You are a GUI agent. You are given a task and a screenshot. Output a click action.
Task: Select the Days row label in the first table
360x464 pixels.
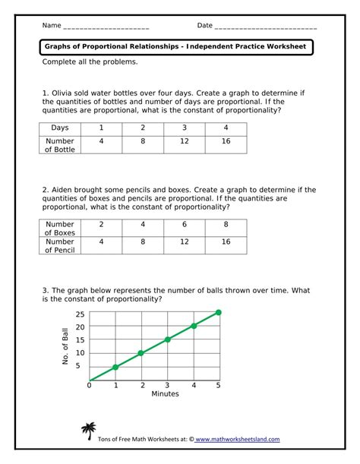coord(59,128)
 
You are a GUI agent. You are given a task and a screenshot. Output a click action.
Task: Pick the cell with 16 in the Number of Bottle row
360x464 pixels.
coord(226,141)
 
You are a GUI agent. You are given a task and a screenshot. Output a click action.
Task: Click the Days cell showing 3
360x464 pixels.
coord(184,128)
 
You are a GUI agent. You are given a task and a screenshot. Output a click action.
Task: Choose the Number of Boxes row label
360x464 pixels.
coord(59,229)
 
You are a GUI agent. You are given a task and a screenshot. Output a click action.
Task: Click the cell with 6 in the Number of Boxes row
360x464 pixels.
coord(184,225)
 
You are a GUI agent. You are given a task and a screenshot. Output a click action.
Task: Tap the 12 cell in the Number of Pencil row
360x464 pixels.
coord(184,241)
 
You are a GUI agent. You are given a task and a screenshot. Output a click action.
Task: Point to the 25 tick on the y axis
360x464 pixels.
coord(80,314)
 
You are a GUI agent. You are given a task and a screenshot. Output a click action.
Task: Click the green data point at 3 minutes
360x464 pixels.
coord(167,339)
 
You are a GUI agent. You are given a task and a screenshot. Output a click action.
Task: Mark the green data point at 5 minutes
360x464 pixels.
coord(219,312)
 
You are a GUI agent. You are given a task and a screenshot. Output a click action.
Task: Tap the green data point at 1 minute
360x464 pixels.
coord(115,367)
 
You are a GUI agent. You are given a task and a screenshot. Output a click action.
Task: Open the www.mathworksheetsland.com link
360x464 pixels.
coord(238,439)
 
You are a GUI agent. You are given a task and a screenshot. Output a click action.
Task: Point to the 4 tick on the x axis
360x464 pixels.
coord(193,386)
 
